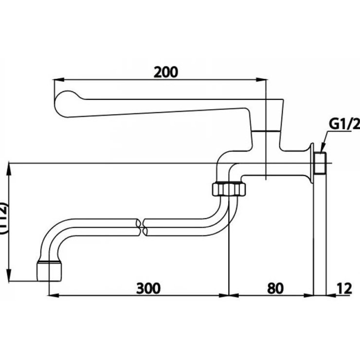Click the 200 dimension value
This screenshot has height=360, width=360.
166,72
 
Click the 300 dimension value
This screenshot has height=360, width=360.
148,288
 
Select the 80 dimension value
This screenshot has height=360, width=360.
275,288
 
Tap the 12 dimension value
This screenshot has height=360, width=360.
344,288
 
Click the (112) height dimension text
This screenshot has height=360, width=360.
4,218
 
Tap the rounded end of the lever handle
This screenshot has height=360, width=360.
63,102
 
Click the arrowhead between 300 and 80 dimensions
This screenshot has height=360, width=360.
229,295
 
